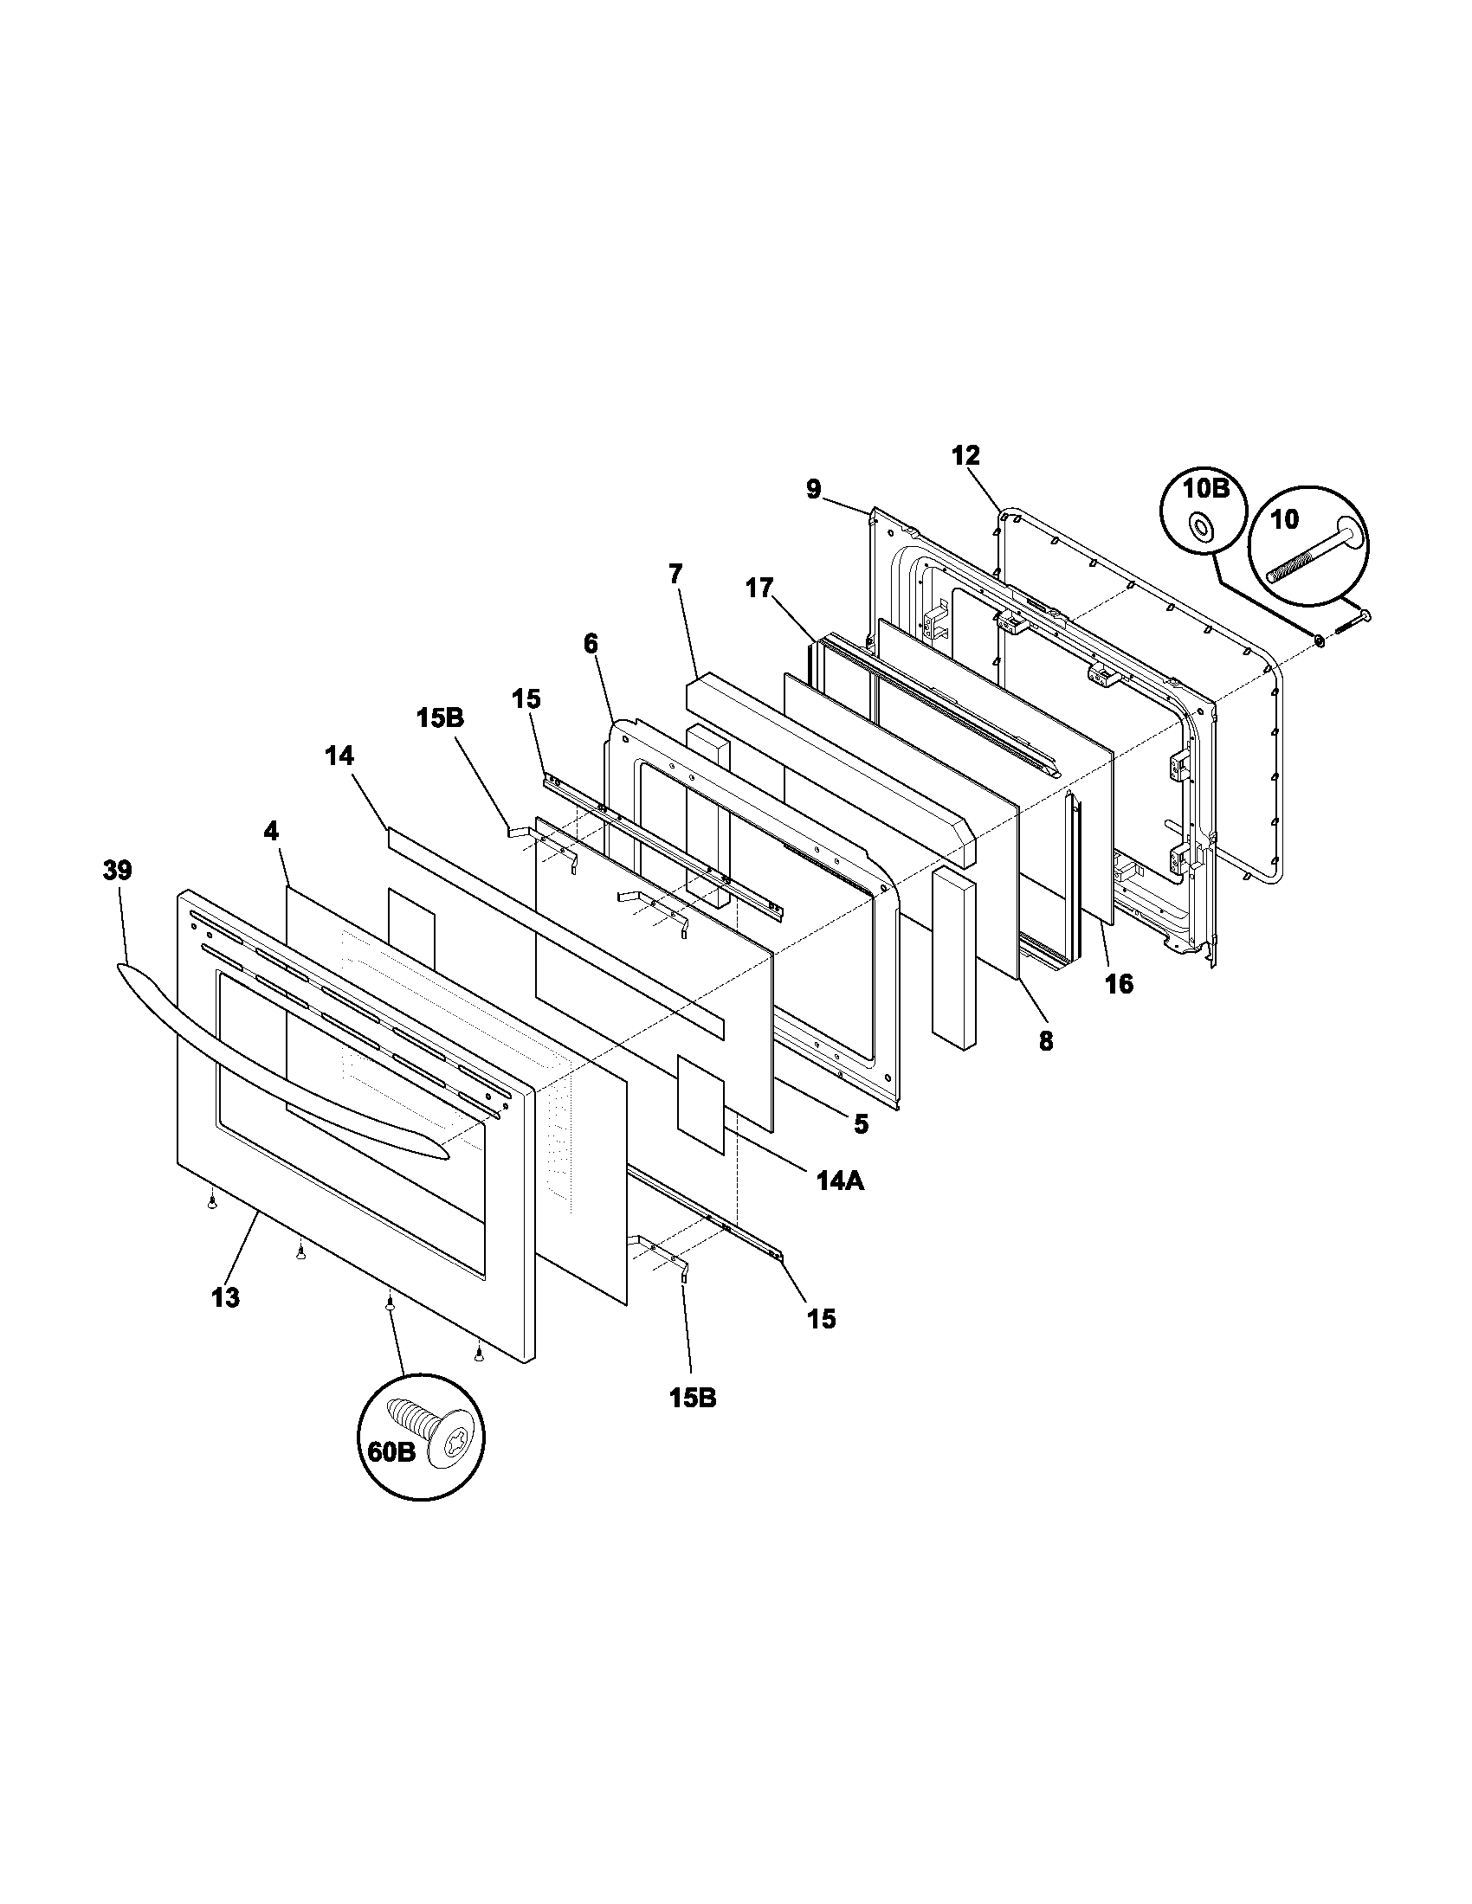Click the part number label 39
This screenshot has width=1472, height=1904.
[118, 870]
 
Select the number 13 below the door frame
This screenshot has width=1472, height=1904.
[225, 1322]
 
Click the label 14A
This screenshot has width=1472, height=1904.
[840, 1180]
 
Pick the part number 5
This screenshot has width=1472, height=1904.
[861, 1123]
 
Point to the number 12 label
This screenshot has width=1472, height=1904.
[965, 455]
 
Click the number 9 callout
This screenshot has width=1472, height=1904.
[813, 490]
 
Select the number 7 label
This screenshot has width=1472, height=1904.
[676, 574]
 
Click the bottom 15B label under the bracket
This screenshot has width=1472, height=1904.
[694, 1398]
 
